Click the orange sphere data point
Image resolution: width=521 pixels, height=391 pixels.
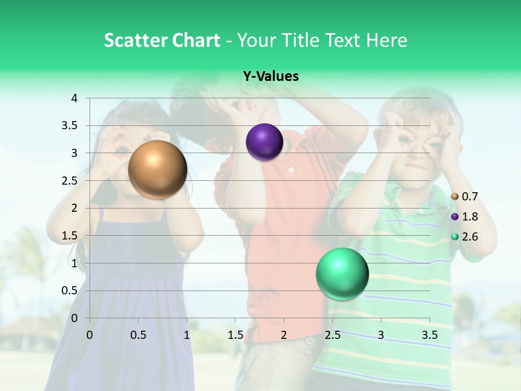tap(157, 169)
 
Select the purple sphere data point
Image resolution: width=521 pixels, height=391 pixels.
tap(264, 142)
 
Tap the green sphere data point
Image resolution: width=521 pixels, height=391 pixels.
tap(342, 274)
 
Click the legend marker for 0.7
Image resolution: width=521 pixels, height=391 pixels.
tap(455, 196)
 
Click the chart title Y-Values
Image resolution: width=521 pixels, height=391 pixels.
tap(271, 77)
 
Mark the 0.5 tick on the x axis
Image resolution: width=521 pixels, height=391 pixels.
tap(138, 335)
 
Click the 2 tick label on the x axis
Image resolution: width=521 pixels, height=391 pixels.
tap(284, 335)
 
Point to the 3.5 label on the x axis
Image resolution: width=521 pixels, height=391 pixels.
tap(430, 335)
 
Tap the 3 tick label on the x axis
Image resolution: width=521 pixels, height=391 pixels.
tap(381, 335)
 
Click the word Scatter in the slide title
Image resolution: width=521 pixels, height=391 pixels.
tap(136, 40)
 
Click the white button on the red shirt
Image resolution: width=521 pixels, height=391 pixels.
tap(291, 170)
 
